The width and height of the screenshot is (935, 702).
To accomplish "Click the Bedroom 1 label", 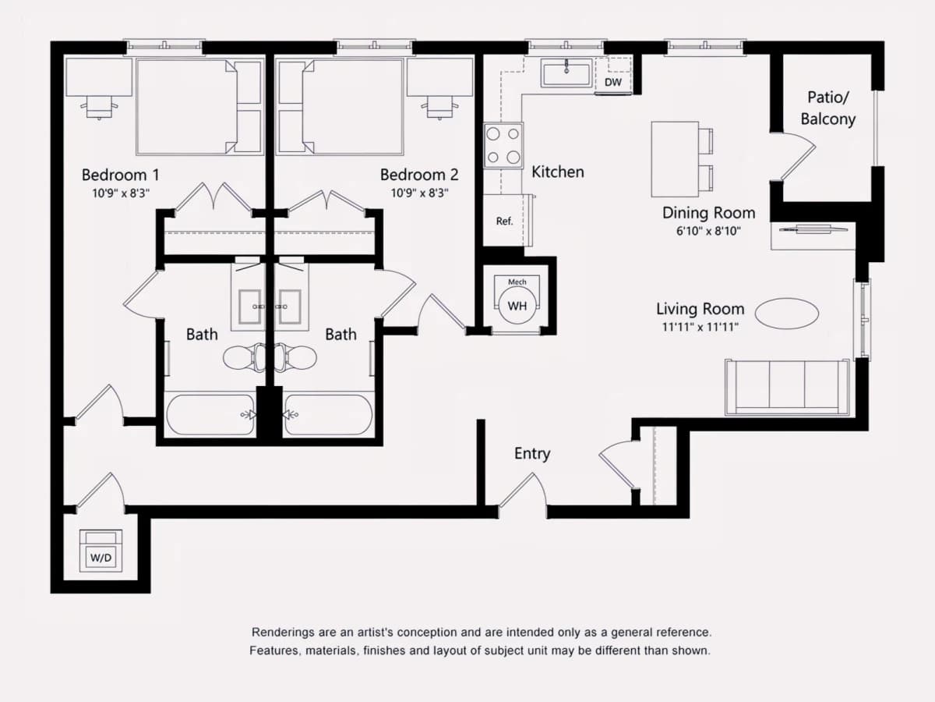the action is (x=121, y=175).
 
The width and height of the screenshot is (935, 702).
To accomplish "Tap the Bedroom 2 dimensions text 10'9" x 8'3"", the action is (x=419, y=193).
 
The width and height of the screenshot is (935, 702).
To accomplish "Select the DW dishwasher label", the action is (x=613, y=82).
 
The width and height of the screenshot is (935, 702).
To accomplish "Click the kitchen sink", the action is (x=566, y=73).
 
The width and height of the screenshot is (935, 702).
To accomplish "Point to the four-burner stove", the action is (x=503, y=145).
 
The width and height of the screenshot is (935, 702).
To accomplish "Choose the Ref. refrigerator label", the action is (x=504, y=221).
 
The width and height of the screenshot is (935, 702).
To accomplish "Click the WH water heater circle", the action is (x=517, y=306).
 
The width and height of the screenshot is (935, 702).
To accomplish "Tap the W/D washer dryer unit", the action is (x=101, y=551).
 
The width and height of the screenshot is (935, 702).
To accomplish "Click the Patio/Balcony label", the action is (x=828, y=108).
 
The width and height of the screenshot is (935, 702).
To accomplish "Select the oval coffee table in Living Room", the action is (x=787, y=314).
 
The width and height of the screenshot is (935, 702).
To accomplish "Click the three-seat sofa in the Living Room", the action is (x=787, y=388).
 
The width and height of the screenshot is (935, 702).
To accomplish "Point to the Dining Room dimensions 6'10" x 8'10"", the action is (x=709, y=231).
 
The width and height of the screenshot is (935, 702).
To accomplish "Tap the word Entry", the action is (x=532, y=453).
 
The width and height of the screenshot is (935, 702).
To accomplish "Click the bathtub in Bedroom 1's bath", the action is (x=211, y=415).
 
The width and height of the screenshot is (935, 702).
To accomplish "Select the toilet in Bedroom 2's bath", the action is (x=296, y=357).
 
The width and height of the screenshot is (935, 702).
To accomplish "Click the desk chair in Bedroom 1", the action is (x=99, y=107).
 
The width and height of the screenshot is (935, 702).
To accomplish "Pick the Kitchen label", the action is (x=558, y=172).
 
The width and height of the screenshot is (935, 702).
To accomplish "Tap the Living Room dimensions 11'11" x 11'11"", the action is (x=700, y=327).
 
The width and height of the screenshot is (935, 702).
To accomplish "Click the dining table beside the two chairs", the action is (x=675, y=159).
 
